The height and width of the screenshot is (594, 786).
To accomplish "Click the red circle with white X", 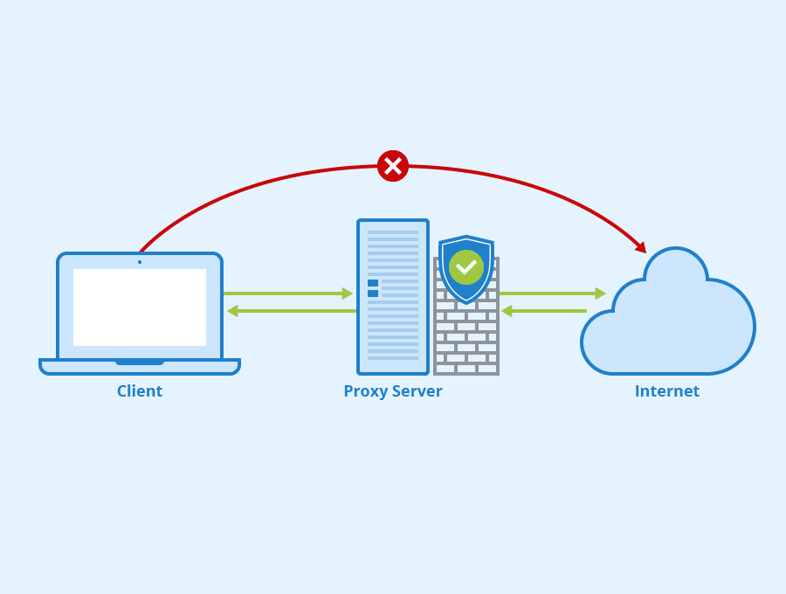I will click(x=393, y=166).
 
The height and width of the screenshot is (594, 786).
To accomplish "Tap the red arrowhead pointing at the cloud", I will click(x=641, y=247).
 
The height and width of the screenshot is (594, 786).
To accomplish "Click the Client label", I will click(x=140, y=391).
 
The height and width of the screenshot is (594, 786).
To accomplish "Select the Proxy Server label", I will click(x=393, y=391).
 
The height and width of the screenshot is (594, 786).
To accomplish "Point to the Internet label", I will click(x=667, y=391).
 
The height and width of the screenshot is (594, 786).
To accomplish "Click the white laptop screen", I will click(x=140, y=307).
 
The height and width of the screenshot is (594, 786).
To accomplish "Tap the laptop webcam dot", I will click(x=140, y=262).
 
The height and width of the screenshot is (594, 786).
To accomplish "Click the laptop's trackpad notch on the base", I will click(x=140, y=362).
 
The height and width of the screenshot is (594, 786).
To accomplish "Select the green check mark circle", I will click(x=466, y=267).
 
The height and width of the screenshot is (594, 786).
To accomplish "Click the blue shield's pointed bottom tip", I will click(x=466, y=301).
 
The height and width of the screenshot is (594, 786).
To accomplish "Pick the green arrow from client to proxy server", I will click(x=288, y=294).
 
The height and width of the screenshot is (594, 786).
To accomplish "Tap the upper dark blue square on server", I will click(x=373, y=283).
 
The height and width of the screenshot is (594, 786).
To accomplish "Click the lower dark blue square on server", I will click(x=373, y=294).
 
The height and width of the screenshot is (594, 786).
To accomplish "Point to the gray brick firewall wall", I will click(x=467, y=345).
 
